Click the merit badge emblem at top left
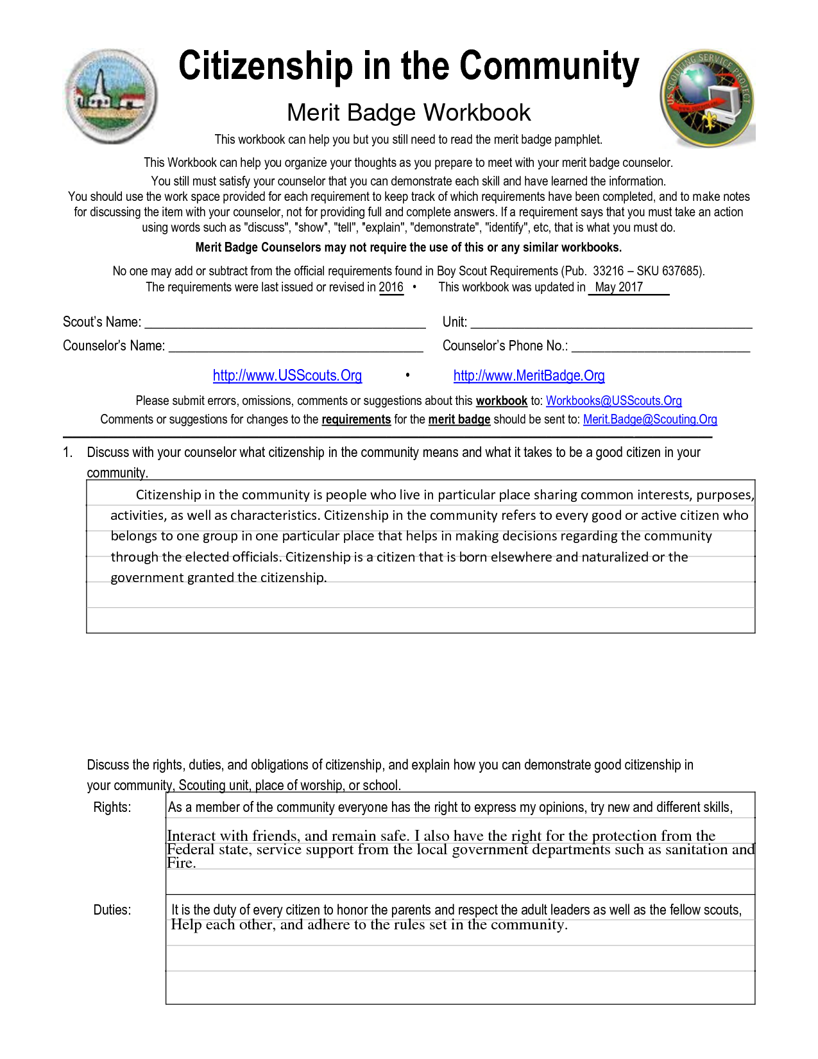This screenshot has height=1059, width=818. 111,96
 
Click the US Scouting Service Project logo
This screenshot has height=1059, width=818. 708,99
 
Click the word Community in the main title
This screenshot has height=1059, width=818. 549,66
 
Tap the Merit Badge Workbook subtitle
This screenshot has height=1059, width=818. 409,113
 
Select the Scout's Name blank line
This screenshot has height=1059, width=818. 285,323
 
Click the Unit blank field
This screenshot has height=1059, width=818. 611,323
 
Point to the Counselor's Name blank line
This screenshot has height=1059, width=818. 296,347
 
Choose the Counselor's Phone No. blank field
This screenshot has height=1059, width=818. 660,347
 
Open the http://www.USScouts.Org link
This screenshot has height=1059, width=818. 287,376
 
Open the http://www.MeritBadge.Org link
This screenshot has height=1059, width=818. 529,376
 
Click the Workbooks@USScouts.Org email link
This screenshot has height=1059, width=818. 613,401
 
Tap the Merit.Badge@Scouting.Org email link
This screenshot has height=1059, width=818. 650,420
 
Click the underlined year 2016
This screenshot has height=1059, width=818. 391,288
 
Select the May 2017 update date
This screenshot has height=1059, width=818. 618,288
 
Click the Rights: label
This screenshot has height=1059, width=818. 112,807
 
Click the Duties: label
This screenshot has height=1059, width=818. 112,910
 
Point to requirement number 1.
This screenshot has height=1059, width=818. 67,452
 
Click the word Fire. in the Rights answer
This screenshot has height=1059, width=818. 182,863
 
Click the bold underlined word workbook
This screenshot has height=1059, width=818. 501,401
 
